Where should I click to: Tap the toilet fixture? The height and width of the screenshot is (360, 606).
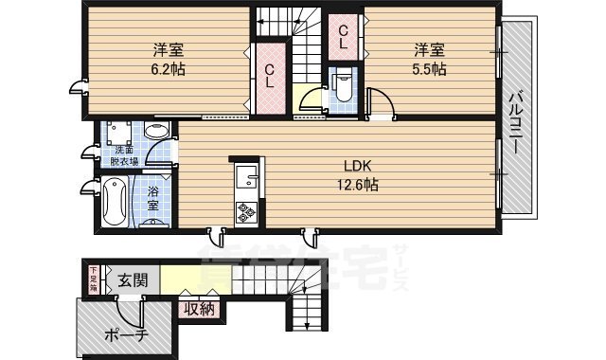344,89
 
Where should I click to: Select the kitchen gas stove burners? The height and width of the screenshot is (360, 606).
247,211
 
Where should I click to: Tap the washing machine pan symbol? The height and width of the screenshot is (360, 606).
119,134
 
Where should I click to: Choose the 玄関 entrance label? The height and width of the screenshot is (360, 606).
133,280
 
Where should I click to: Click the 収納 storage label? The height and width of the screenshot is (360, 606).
199,308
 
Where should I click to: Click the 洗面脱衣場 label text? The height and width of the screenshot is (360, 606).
124,156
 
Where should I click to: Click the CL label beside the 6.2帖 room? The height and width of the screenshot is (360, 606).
270,73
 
